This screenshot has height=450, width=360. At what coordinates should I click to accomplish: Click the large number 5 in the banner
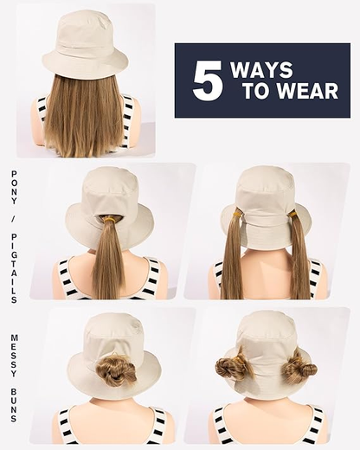pos(207,80)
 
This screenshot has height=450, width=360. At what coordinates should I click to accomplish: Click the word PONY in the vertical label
pos(14,186)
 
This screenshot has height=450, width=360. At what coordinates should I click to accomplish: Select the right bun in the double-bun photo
pos(299,366)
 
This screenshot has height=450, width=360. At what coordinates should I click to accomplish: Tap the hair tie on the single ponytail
pos(110,220)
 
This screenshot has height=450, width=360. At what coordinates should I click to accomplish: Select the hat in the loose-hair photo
pos(84,43)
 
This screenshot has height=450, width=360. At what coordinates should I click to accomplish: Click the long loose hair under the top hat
pos(85,117)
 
